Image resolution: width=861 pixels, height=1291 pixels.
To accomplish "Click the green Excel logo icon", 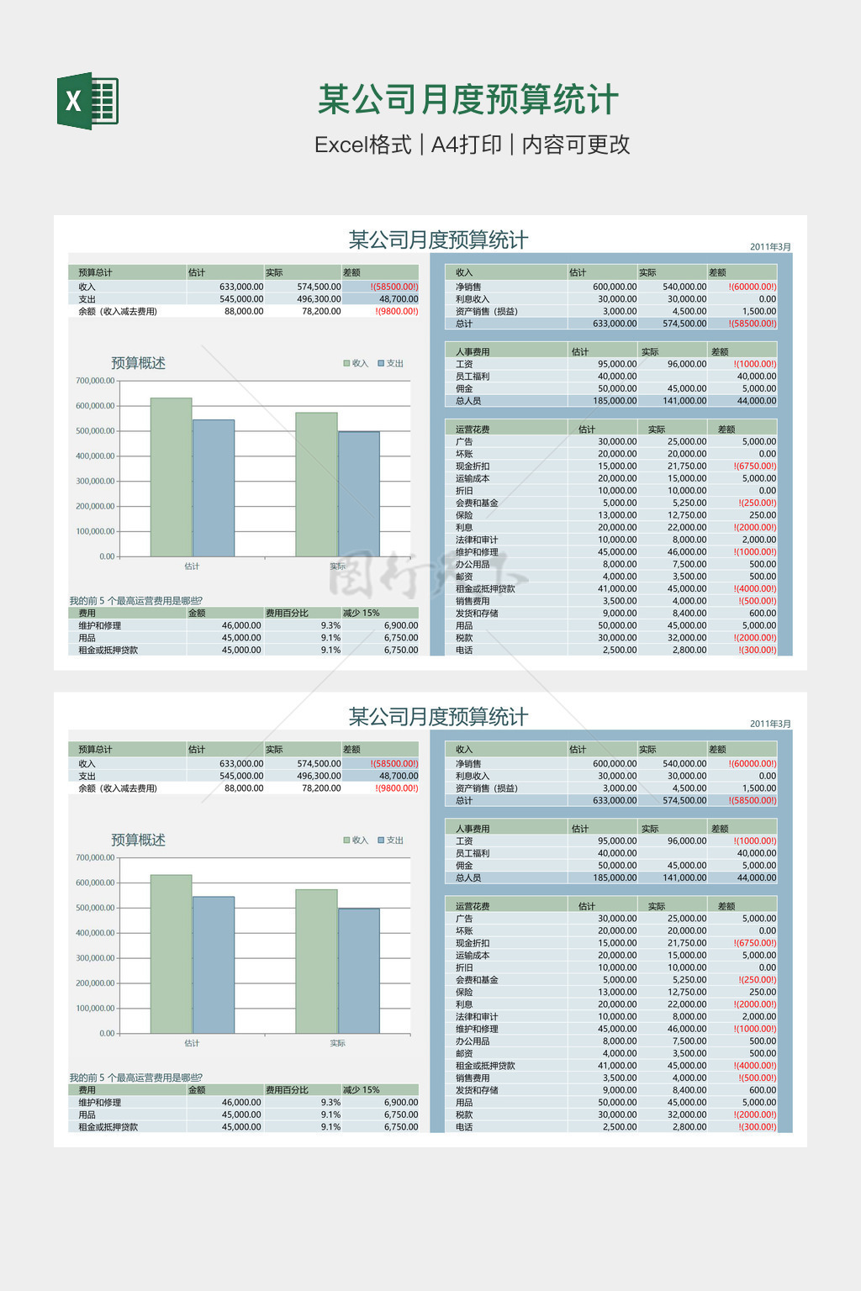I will pos(87,102).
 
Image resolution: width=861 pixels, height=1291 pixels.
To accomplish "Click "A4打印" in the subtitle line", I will pos(466,145).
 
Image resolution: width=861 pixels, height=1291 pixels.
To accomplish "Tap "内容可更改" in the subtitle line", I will pos(576,145).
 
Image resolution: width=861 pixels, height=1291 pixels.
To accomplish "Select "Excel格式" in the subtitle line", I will pos(362,145).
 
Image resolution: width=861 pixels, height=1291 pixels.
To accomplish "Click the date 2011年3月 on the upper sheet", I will pos(770,247).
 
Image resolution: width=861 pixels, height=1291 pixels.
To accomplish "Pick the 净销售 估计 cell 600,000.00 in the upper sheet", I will pos(615,287).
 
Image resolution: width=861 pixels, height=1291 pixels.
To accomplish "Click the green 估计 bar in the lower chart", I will pos(172,954).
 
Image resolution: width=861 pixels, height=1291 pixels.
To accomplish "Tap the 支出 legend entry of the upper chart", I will pos(391,363).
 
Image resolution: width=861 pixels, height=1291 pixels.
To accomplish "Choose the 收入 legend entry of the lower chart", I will pos(356,840).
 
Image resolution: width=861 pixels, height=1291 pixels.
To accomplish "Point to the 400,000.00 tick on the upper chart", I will pos(95,456).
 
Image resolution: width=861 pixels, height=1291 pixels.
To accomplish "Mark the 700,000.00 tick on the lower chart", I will pos(95,858).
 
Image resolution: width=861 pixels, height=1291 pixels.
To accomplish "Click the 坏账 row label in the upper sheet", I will pos(464,454).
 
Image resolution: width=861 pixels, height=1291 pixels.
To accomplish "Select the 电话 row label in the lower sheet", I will pos(464,1127).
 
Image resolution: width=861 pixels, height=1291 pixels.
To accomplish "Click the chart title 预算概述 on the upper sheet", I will pos(138,363).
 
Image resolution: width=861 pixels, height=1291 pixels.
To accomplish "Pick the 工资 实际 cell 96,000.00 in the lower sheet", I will pos(686,841).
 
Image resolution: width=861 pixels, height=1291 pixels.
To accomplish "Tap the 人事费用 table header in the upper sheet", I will pos(473,352).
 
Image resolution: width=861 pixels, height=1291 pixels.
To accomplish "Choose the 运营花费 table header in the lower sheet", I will pos(473,907).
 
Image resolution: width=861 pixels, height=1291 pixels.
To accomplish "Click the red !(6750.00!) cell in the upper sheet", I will pos(755,466).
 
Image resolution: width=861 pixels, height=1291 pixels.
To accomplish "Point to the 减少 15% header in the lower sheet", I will pos(362,1090).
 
